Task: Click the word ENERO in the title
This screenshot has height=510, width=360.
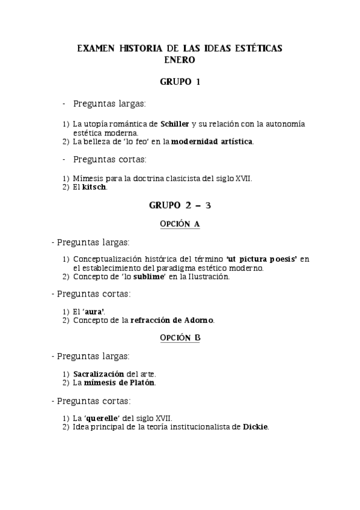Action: [180, 60]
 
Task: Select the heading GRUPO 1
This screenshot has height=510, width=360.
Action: [180, 81]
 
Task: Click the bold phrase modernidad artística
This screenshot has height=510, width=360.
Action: [212, 142]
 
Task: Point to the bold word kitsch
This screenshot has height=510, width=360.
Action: [94, 188]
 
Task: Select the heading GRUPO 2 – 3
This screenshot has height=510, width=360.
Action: [180, 205]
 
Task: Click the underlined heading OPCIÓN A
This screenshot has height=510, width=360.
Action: [180, 224]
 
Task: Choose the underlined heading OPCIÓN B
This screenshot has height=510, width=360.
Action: [180, 338]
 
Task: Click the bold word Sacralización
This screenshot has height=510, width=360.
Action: [99, 373]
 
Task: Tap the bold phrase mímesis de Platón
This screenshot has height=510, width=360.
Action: [120, 382]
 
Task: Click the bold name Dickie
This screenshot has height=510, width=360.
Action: [255, 427]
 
